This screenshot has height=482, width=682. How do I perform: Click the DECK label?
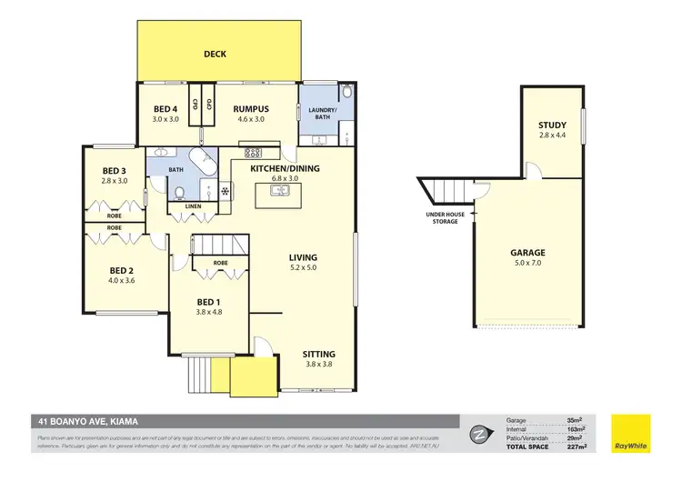coord(215,54)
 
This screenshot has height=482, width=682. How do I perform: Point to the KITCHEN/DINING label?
coord(285,169)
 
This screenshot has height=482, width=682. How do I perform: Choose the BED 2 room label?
coord(122,270)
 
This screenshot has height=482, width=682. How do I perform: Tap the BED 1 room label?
coord(209,302)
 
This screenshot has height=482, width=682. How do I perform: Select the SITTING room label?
coord(318,354)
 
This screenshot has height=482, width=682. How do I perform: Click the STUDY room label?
coord(552,126)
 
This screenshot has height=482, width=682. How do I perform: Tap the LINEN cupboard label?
coord(192,206)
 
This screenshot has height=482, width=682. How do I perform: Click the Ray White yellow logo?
coord(630,434)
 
